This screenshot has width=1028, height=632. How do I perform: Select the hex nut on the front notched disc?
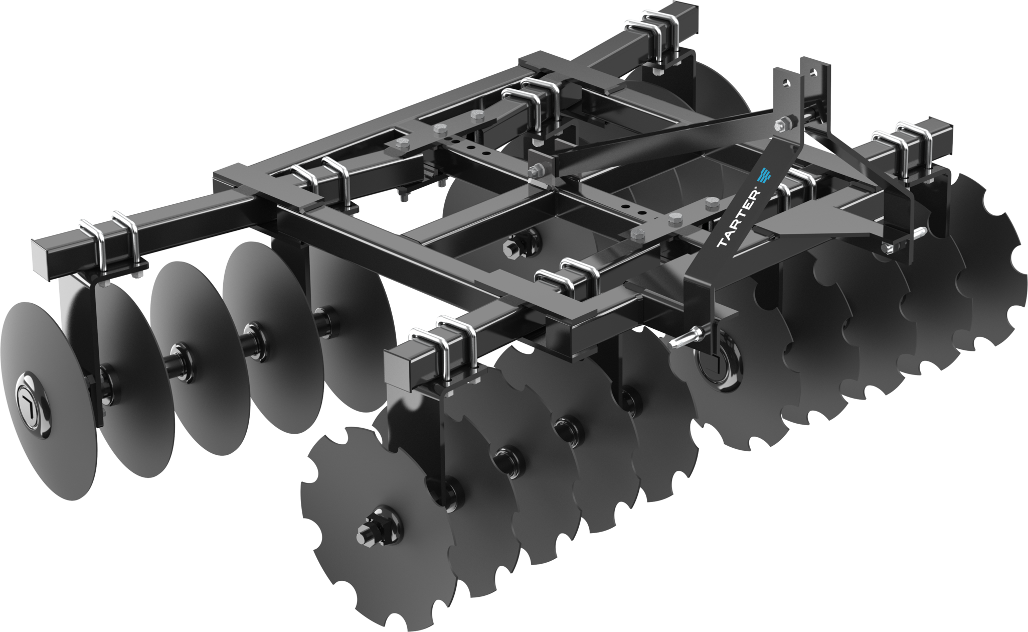pos(371,525)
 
